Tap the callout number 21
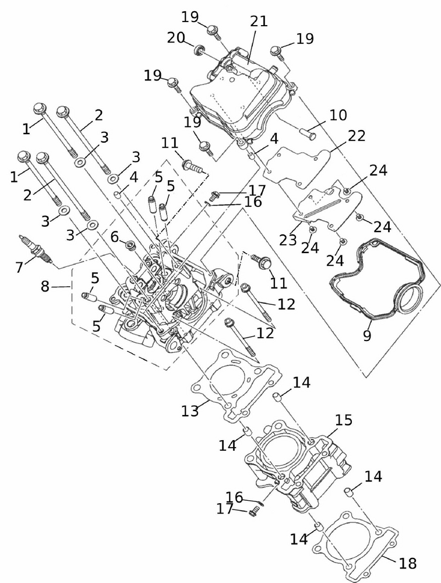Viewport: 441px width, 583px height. pyautogui.click(x=259, y=22)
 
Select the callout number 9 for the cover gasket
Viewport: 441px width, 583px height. pyautogui.click(x=367, y=336)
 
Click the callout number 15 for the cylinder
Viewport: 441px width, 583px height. pyautogui.click(x=344, y=420)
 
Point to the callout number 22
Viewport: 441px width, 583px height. pyautogui.click(x=357, y=136)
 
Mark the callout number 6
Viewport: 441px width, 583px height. pyautogui.click(x=114, y=236)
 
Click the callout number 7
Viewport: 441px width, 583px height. pyautogui.click(x=19, y=268)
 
